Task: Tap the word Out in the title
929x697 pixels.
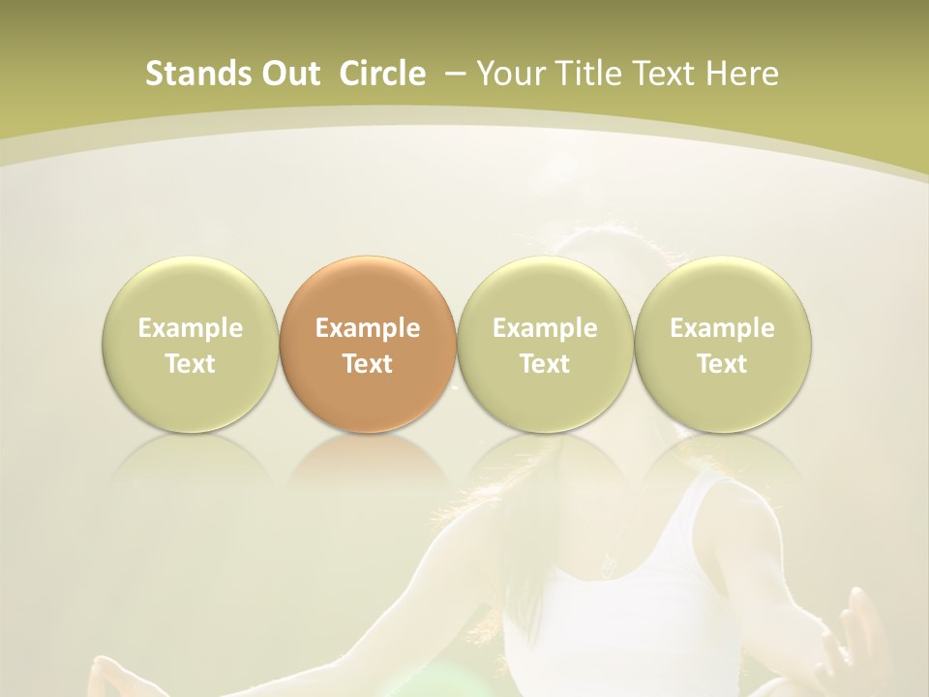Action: [x=290, y=74]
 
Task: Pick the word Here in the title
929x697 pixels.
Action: [x=743, y=74]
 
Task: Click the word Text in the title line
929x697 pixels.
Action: [x=665, y=74]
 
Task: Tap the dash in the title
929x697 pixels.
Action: [x=454, y=75]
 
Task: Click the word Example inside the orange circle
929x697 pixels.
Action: [x=368, y=328]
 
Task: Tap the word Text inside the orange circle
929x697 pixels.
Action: [x=368, y=364]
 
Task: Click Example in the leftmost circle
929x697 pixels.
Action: [x=190, y=328]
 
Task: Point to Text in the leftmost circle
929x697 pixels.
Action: [x=190, y=364]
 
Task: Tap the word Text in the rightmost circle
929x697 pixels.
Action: [x=722, y=364]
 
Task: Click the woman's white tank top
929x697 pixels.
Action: [x=619, y=620]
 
